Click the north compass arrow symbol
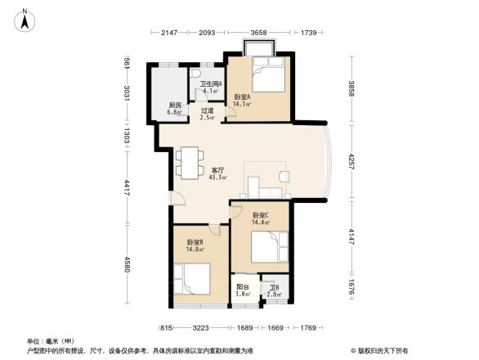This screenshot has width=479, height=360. pyautogui.click(x=26, y=19)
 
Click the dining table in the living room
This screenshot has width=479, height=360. pyautogui.click(x=190, y=161)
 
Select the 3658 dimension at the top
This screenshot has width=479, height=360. pyautogui.click(x=258, y=32)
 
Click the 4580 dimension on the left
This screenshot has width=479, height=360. pyautogui.click(x=127, y=265)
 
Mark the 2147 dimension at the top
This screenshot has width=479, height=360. pyautogui.click(x=169, y=32)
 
